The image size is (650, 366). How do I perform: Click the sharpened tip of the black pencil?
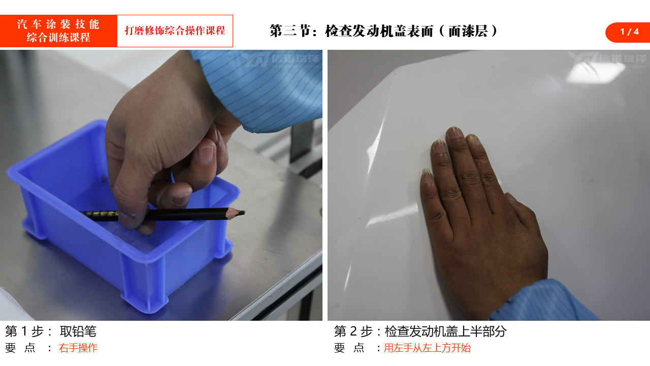pos(243,213)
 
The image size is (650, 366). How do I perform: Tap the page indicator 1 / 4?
pos(629,32)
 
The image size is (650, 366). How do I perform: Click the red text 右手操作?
pos(78,348)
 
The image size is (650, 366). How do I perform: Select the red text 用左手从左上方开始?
pos(427,348)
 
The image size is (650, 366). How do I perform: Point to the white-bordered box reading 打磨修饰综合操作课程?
pos(175,31)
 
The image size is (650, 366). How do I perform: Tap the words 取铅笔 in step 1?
pos(78,331)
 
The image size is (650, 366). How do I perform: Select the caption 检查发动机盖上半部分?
pos(446,331)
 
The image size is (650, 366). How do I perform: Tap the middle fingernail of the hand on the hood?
pos(454,133)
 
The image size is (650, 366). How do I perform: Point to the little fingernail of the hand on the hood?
pos(427,175)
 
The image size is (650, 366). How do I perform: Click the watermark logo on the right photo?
pos(608,59)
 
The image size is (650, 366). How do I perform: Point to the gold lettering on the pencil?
pos(102,214)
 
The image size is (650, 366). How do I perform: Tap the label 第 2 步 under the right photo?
pos(353,331)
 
